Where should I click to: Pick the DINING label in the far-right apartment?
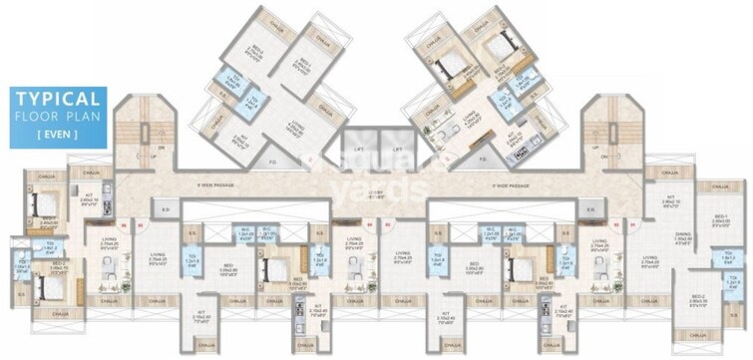[x=683, y=235]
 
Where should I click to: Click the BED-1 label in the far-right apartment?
[x=720, y=217]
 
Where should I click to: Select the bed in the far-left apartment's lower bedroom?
[x=45, y=287]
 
